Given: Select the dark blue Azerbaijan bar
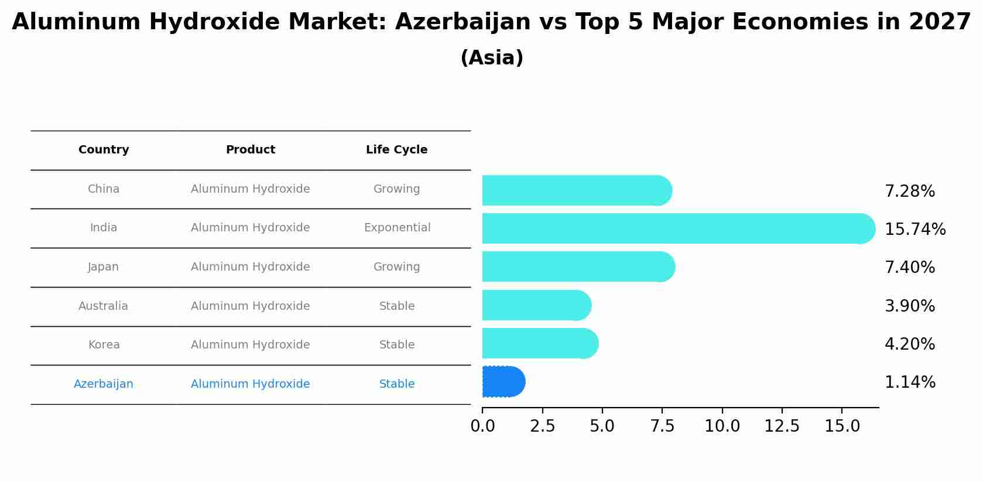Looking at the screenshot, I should coord(503,382).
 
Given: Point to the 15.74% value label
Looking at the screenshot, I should coord(915,229).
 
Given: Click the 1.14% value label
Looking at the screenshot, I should coord(909,382).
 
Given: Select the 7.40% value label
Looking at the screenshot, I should coord(909,267).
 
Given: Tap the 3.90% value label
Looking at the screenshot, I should coord(909,306).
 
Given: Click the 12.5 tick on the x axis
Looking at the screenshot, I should coord(782,426).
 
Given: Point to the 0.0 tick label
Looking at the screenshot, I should coord(482,426).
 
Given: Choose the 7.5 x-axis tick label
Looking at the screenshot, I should coord(662,426).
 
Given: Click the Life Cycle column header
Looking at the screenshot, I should coord(396,150).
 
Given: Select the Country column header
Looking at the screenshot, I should coord(104,150).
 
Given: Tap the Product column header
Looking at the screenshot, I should coord(250,150).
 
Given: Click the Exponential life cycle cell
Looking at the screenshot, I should coord(397,228).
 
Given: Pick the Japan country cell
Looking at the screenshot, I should coord(103,267).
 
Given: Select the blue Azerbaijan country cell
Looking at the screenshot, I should coord(103,384).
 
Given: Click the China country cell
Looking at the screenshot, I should coord(103,189).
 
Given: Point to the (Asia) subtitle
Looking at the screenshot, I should coord(492,58).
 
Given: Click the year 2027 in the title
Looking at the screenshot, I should coord(940,22).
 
